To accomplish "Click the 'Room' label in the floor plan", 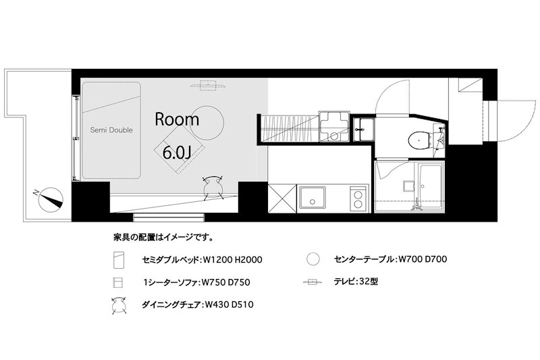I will (x=178, y=120).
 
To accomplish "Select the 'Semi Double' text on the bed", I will (x=111, y=130).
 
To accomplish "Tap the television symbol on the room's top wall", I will (x=209, y=86).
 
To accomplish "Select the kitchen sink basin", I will (x=313, y=199).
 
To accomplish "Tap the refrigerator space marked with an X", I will (x=280, y=199).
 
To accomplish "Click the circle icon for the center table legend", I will (x=312, y=259).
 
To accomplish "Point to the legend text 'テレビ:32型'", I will (x=356, y=282).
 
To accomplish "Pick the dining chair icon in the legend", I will (x=119, y=305).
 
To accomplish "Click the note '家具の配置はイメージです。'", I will (x=163, y=238).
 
